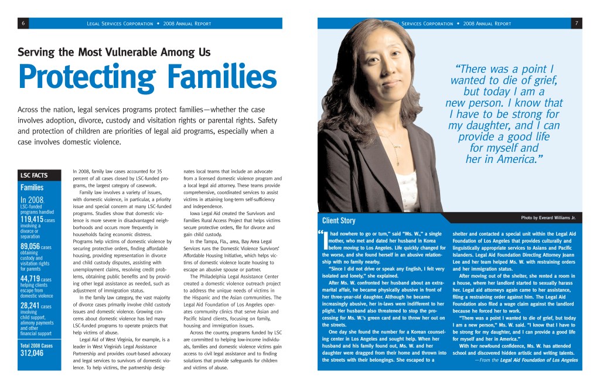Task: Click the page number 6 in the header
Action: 22,23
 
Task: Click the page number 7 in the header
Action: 577,23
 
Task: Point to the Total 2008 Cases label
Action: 36,345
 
